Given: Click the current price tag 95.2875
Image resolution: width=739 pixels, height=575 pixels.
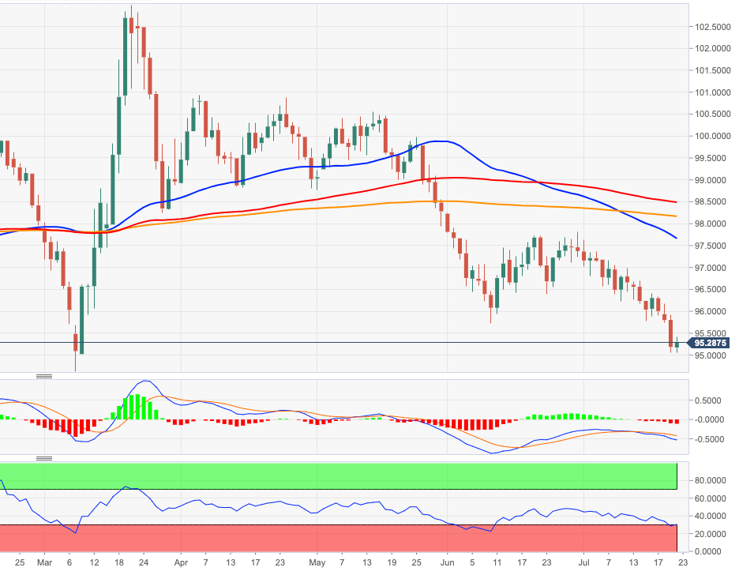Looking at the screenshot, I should coord(711,343).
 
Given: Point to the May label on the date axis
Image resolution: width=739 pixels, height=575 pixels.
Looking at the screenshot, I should coord(317,562).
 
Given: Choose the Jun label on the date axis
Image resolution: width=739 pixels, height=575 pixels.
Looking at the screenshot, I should coord(447,562).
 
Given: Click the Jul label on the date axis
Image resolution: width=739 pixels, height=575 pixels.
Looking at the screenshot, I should coord(583,562).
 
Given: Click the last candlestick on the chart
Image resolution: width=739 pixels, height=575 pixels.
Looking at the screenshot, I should coord(677,343).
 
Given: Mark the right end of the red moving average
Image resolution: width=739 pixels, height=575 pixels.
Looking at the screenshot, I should coord(676,201).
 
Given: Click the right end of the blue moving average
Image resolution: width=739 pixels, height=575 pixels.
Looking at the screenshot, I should coord(676,238).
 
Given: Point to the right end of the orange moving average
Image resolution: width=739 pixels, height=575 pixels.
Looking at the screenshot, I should coord(676,216).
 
